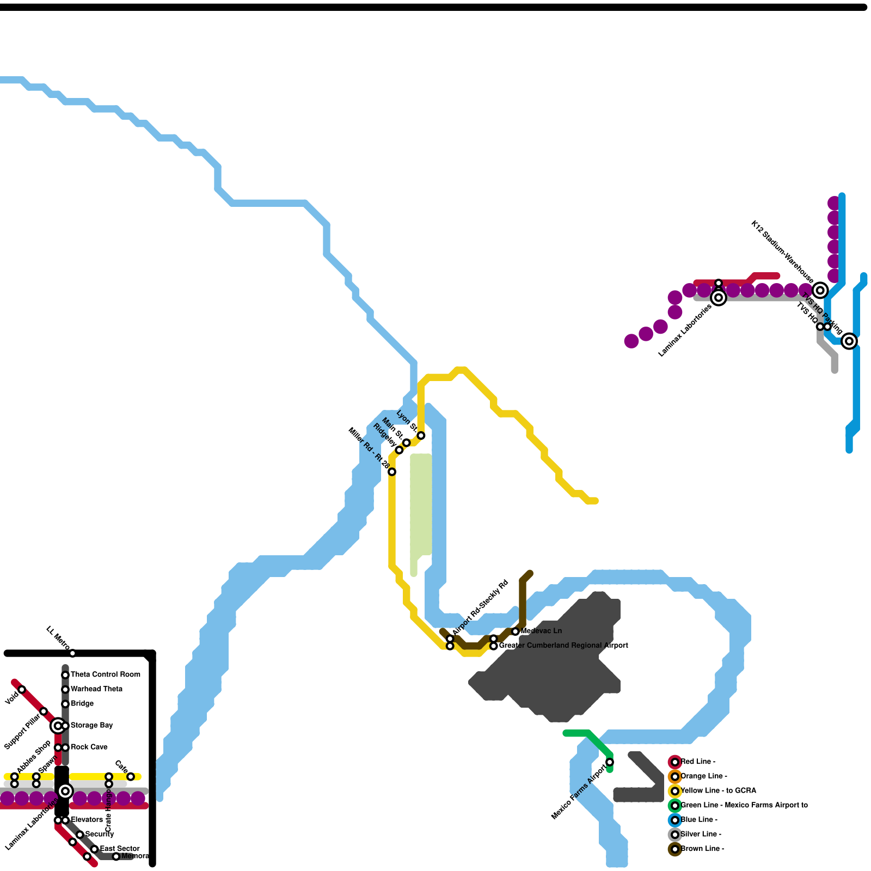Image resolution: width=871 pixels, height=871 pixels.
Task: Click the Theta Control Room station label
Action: (105, 674)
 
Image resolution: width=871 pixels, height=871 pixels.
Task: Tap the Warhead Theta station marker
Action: (65, 690)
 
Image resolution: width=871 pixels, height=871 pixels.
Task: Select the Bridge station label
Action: (82, 704)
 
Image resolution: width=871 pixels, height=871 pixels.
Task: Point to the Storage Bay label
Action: (91, 726)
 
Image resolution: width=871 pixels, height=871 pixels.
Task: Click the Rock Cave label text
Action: (89, 747)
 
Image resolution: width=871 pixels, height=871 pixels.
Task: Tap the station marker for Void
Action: (22, 690)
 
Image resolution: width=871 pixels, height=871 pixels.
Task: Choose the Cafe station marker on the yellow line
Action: (131, 777)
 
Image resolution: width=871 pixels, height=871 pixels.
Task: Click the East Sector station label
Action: (120, 849)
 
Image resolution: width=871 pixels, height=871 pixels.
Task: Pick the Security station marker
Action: (80, 835)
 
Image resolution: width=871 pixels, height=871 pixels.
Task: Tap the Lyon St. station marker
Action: (421, 436)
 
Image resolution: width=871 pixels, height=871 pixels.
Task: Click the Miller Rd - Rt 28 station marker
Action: (392, 472)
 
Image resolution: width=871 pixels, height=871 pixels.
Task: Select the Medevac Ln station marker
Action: (516, 631)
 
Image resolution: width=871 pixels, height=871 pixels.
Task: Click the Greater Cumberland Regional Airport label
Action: (563, 646)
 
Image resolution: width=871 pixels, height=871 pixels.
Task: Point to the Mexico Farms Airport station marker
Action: (610, 762)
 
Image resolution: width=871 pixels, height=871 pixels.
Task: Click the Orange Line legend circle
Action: (675, 777)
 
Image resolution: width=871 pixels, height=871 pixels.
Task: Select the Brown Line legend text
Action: (702, 849)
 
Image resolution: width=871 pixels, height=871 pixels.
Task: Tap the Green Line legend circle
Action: (675, 806)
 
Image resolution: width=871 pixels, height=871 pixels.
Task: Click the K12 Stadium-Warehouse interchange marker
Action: (820, 290)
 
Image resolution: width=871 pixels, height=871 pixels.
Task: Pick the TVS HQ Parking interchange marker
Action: (849, 341)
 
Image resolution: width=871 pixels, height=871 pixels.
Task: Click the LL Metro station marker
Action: (72, 653)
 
